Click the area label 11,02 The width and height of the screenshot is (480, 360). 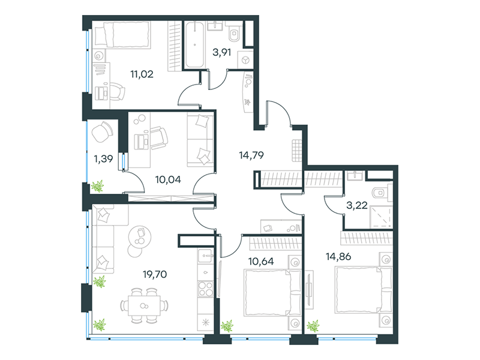(x=142, y=74)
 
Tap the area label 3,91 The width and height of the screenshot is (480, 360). (x=221, y=52)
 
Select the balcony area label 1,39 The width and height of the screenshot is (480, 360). (x=103, y=159)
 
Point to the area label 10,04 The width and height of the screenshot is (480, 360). (x=168, y=179)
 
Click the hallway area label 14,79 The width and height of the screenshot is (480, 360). (x=251, y=155)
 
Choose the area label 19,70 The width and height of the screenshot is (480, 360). (x=155, y=274)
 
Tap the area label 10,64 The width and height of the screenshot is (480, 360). (x=261, y=262)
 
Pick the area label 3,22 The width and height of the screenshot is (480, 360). (x=356, y=205)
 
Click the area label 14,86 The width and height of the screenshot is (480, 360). (x=338, y=257)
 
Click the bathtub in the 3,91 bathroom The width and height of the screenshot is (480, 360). (x=194, y=44)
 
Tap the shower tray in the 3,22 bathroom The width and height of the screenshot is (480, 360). (x=381, y=217)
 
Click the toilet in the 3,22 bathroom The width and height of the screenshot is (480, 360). (x=382, y=193)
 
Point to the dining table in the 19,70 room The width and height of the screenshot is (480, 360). (x=144, y=305)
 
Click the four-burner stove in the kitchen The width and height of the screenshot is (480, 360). (x=206, y=289)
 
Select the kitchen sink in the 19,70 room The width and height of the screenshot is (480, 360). (x=206, y=256)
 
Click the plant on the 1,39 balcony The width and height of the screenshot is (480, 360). (x=98, y=187)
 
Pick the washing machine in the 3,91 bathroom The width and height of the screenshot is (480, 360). (x=245, y=61)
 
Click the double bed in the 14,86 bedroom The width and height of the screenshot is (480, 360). (x=364, y=290)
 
